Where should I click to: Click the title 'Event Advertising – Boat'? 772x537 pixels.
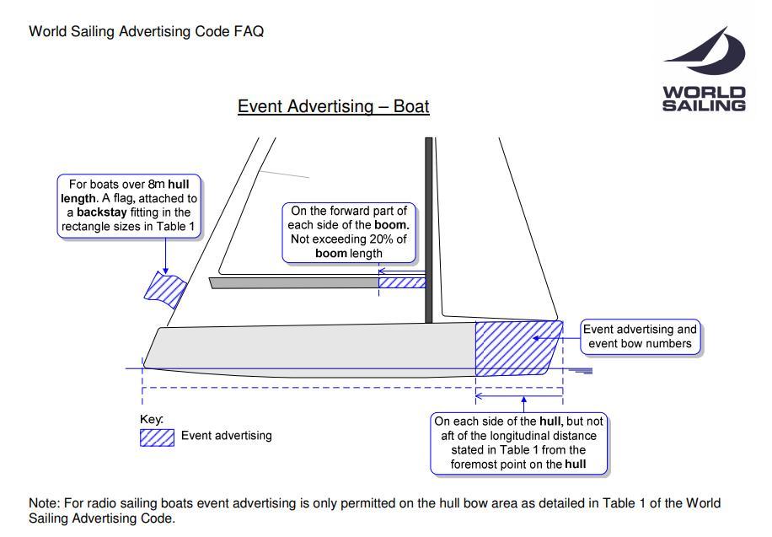[x=334, y=107]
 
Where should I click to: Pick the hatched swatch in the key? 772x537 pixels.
[x=157, y=437]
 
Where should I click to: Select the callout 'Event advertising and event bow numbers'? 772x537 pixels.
[x=641, y=336]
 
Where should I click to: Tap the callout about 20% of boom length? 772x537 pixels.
[x=348, y=232]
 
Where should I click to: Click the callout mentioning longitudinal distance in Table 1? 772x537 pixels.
[x=518, y=443]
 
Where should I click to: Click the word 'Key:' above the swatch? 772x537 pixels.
[x=151, y=419]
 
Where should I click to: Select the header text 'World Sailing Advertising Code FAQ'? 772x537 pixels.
[x=147, y=32]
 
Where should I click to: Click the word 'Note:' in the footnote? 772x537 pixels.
[x=46, y=503]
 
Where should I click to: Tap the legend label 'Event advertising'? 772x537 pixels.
[x=227, y=436]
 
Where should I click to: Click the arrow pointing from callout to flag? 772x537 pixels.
[x=165, y=255]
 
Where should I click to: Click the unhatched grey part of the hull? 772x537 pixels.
[x=312, y=347]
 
